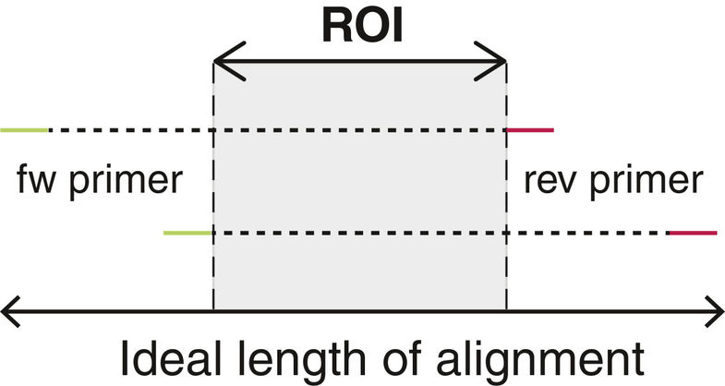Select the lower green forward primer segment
187,233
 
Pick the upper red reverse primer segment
529,131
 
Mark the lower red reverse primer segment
692,233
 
